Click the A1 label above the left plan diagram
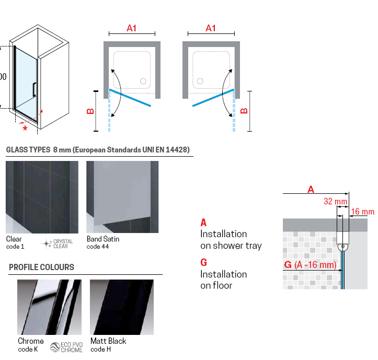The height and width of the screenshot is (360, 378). pos(131,28)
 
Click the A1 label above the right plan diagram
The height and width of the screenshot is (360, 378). pos(211,28)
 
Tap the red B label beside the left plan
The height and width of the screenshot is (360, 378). pos(90,111)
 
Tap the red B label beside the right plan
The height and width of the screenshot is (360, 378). pos(243,111)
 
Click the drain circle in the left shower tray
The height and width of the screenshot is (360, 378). pos(143,81)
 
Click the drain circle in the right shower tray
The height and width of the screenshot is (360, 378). pos(200,81)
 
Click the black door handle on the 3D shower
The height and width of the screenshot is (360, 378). pos(35,89)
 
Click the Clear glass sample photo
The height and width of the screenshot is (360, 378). pos(42,197)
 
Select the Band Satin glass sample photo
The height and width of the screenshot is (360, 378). pos(122,197)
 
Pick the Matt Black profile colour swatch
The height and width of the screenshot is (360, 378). pos(122,307)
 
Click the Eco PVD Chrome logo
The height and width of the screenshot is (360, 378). pos(67,347)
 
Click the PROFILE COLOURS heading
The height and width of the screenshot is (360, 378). pos(41,267)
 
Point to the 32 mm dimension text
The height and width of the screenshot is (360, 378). pos(335,201)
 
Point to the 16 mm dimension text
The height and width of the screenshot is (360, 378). pos(362,212)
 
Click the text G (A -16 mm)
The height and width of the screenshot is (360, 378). pos(310,265)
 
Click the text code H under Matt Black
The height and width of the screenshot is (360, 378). pos(100,349)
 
